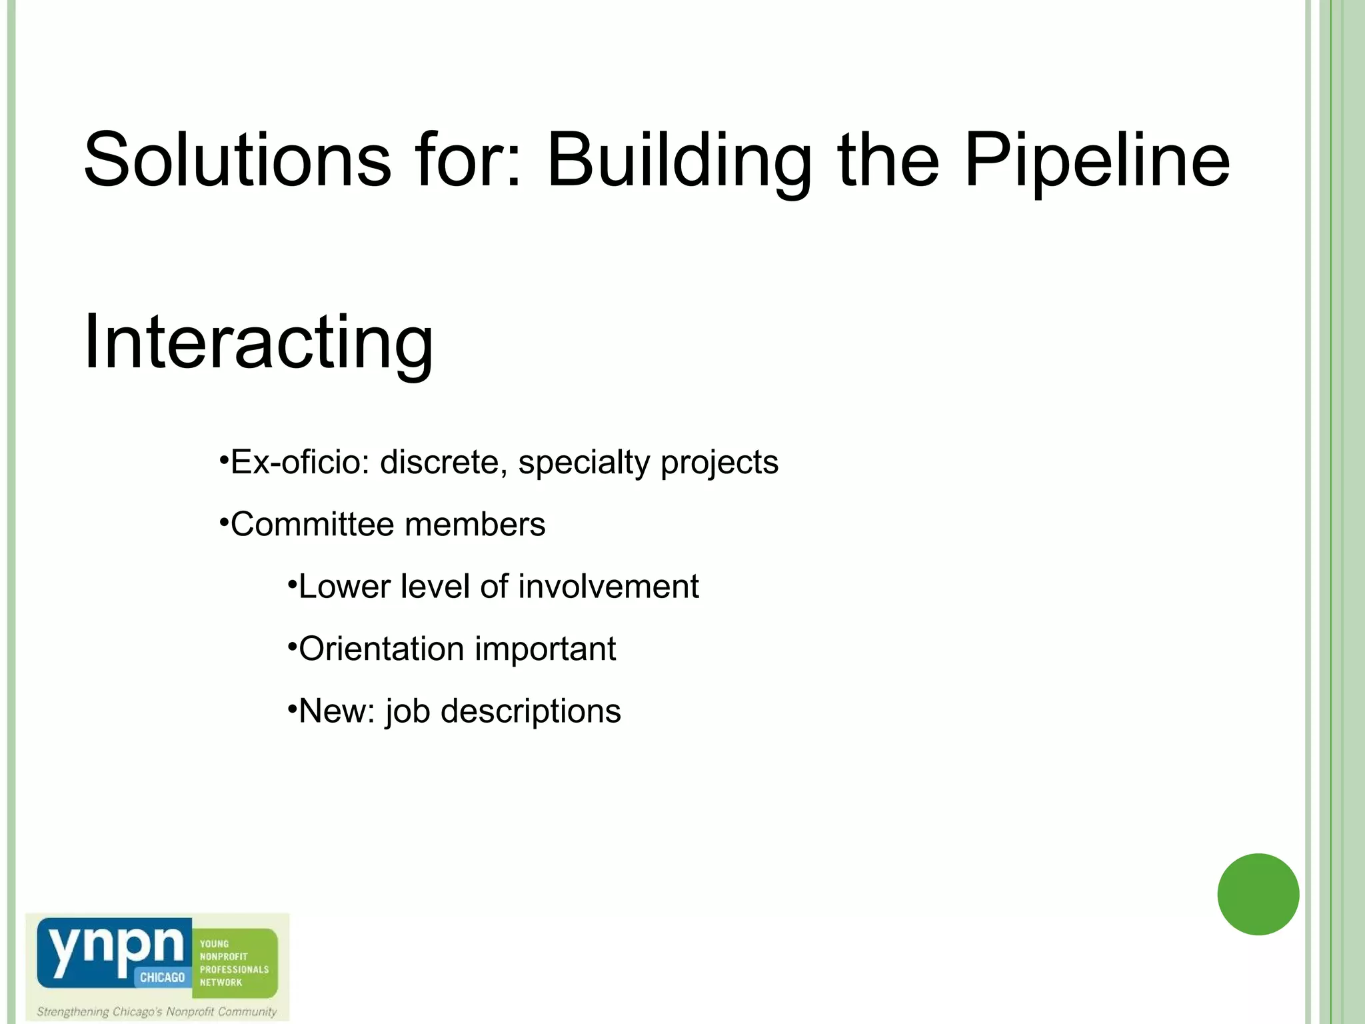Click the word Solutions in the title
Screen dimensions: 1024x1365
[237, 160]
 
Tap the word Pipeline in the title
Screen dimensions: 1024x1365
[1096, 160]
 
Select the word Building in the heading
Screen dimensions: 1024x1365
[679, 160]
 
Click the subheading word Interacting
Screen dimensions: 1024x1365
[259, 343]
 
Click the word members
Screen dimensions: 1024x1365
[475, 524]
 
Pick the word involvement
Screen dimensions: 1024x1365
[608, 587]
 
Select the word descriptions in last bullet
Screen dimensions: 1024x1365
[531, 711]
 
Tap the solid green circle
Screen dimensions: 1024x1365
[1258, 894]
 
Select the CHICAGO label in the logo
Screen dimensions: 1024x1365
[162, 977]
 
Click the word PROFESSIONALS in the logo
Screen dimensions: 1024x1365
[234, 969]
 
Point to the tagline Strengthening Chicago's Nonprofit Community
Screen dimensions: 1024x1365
[157, 1011]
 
